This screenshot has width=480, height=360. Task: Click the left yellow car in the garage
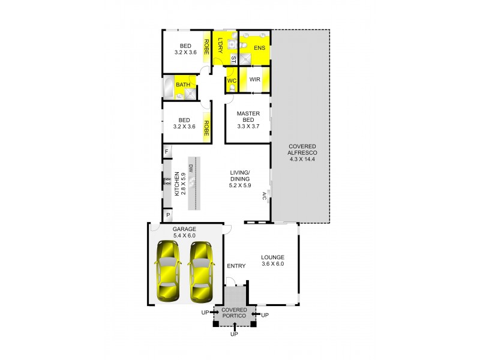168,271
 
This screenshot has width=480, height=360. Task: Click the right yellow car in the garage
200,271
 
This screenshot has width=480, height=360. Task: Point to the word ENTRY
236,266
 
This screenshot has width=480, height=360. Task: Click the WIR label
254,79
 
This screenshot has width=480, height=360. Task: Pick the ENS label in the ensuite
259,47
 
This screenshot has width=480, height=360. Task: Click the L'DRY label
221,46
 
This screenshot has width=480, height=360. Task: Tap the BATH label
183,85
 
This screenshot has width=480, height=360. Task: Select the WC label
232,80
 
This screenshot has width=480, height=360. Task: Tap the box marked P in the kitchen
167,215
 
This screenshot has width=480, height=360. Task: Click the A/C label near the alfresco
263,196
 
